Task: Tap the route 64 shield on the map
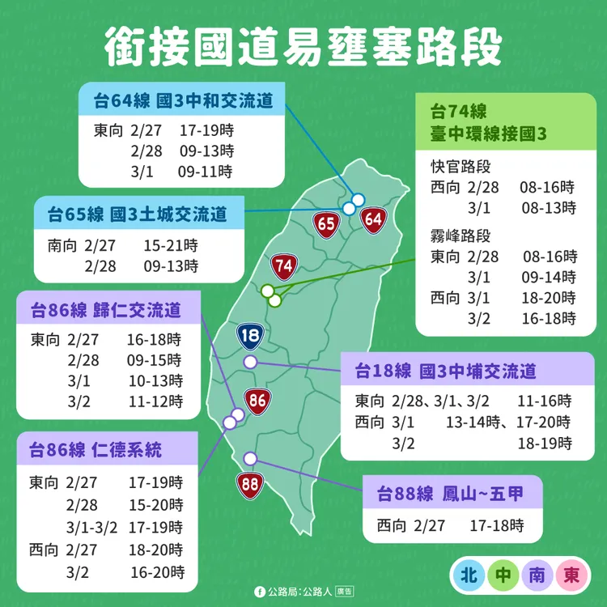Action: [x=373, y=219]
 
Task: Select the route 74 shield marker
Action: [x=283, y=265]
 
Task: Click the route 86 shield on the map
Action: [x=257, y=400]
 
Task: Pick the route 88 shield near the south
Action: [x=248, y=486]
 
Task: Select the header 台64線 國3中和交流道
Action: [x=183, y=101]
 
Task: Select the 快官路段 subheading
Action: [x=461, y=168]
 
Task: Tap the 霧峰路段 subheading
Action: [x=461, y=236]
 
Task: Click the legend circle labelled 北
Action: [x=467, y=575]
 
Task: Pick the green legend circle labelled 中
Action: [x=503, y=575]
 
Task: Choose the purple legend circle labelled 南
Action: [x=537, y=575]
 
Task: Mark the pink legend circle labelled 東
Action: [x=571, y=575]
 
